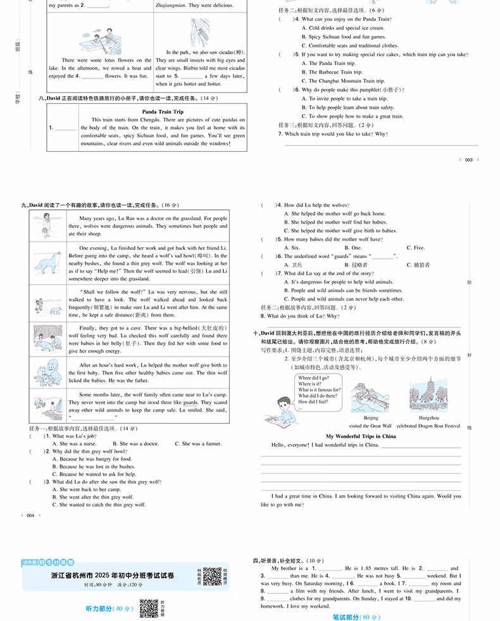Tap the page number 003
coord(468,160)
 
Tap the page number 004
coord(30,515)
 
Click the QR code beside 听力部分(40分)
coord(148,608)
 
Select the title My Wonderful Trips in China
coord(361,436)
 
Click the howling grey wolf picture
coord(48,262)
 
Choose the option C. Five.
coord(415,248)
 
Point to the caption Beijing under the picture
coord(371,418)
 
